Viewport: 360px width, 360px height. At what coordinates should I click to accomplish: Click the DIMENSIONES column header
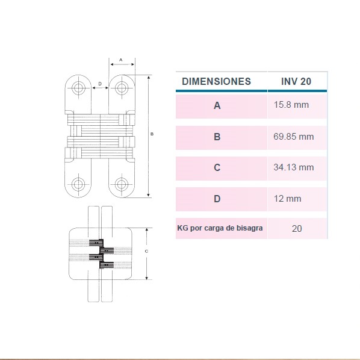click(x=216, y=81)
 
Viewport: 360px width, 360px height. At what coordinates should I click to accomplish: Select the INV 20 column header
click(x=296, y=81)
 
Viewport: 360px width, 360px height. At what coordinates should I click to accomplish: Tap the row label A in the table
click(x=217, y=105)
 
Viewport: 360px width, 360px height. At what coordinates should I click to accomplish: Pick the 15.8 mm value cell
click(x=291, y=105)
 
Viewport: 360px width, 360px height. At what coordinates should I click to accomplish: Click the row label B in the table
click(x=217, y=137)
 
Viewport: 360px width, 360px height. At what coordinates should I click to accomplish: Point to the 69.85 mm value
click(x=293, y=137)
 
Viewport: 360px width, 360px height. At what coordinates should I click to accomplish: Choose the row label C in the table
click(x=217, y=167)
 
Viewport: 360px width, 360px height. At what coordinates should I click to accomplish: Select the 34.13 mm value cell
click(x=293, y=167)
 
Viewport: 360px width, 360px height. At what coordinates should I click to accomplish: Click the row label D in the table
click(x=217, y=199)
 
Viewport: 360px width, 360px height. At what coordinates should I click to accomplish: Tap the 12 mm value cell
click(x=287, y=199)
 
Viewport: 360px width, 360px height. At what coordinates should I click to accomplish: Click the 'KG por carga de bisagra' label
click(x=220, y=228)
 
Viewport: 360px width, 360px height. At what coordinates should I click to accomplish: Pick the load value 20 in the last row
click(x=297, y=229)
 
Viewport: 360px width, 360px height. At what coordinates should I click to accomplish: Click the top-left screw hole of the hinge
click(x=78, y=87)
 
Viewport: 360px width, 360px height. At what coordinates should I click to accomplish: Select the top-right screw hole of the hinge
click(x=122, y=87)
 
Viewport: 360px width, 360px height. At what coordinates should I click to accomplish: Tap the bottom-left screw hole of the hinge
click(x=78, y=184)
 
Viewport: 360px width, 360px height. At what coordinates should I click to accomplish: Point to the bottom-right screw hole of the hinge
click(x=122, y=184)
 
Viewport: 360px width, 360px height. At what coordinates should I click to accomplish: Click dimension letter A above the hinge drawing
click(x=121, y=60)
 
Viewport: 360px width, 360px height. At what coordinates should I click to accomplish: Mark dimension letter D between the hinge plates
click(x=100, y=84)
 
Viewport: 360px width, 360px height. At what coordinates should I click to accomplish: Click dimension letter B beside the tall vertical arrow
click(x=152, y=134)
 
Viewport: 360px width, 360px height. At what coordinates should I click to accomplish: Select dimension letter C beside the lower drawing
click(x=146, y=252)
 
